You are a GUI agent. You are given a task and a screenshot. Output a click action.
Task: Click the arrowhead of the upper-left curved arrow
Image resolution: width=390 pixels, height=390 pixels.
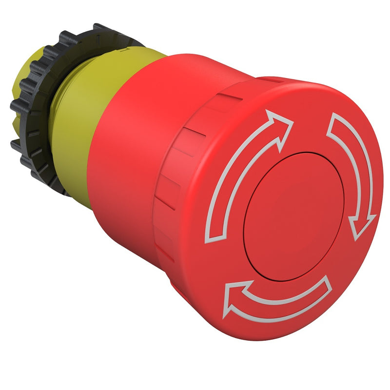pyautogui.click(x=282, y=122)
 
